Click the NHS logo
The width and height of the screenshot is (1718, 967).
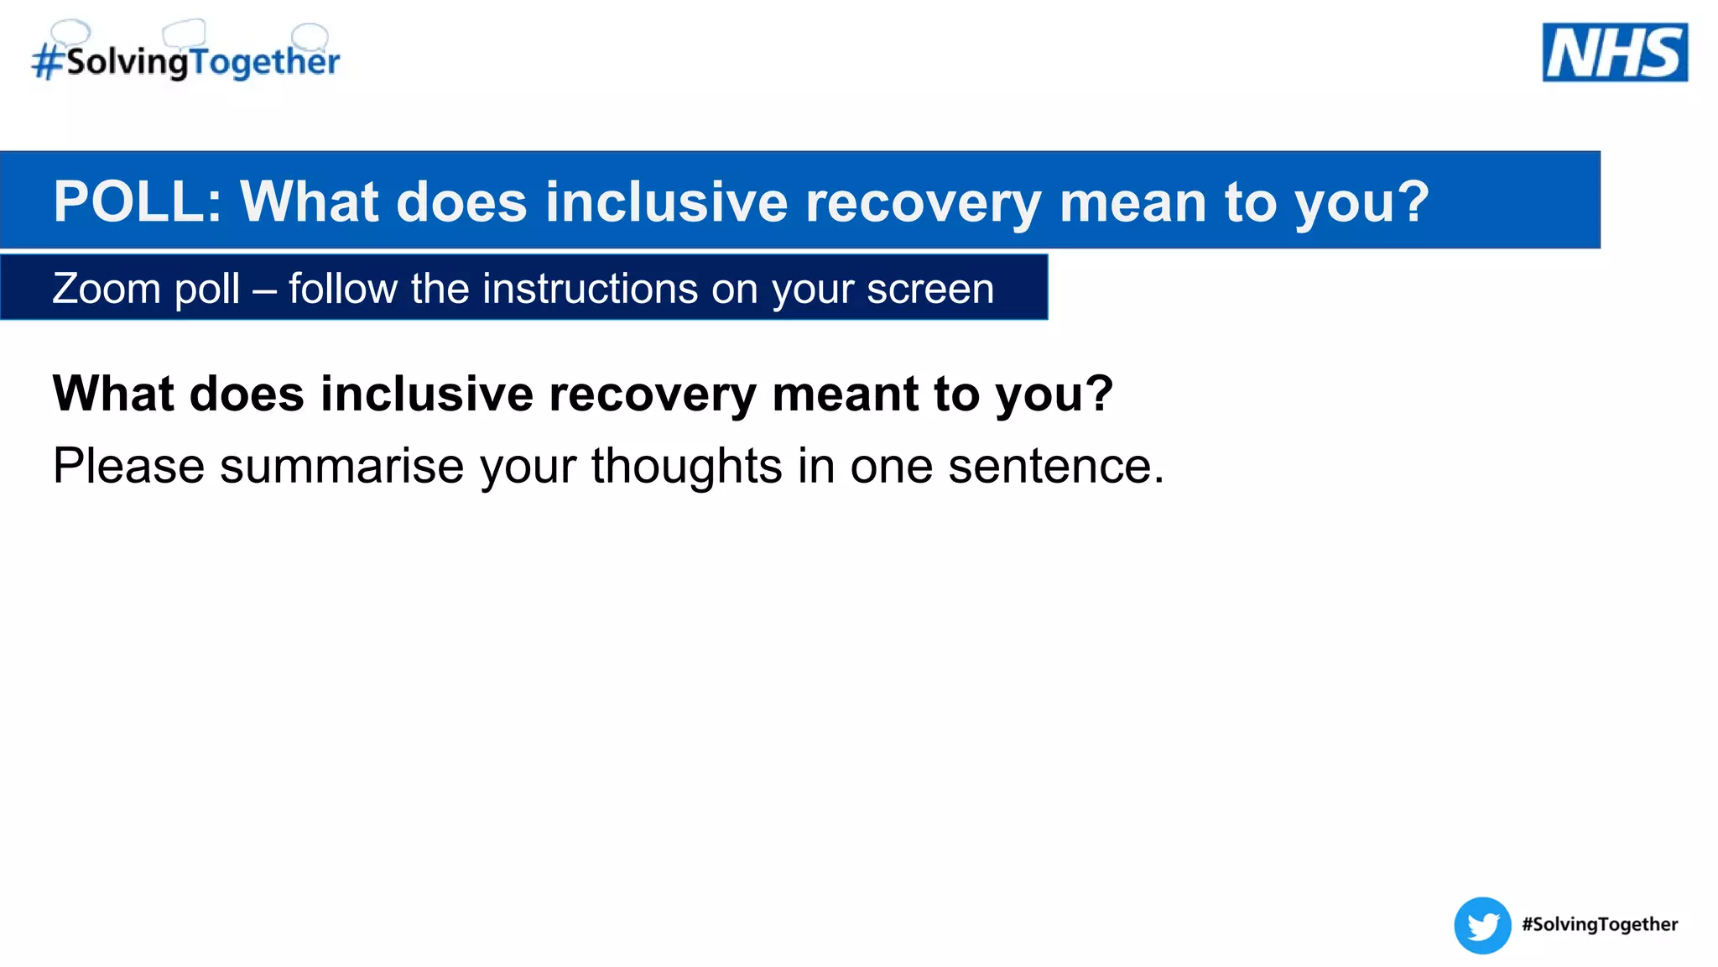pyautogui.click(x=1614, y=52)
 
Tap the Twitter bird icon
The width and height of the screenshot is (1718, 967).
pyautogui.click(x=1482, y=925)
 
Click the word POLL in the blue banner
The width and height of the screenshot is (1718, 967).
pyautogui.click(x=137, y=202)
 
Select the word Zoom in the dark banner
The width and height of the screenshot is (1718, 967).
pyautogui.click(x=106, y=289)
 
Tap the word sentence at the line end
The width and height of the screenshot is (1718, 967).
pyautogui.click(x=1055, y=466)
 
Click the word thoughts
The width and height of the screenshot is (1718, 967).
pyautogui.click(x=686, y=466)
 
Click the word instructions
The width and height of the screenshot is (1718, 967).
pyautogui.click(x=591, y=289)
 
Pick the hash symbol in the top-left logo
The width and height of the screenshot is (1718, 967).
pyautogui.click(x=48, y=62)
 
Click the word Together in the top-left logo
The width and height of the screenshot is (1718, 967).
pyautogui.click(x=264, y=61)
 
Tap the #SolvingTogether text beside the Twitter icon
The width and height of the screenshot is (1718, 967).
pyautogui.click(x=1600, y=924)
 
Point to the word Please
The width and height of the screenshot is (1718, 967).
pyautogui.click(x=128, y=466)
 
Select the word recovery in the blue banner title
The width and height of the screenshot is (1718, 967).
pyautogui.click(x=923, y=202)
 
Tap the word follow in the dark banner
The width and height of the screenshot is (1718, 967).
pyautogui.click(x=343, y=289)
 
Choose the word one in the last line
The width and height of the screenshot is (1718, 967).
pyautogui.click(x=891, y=466)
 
